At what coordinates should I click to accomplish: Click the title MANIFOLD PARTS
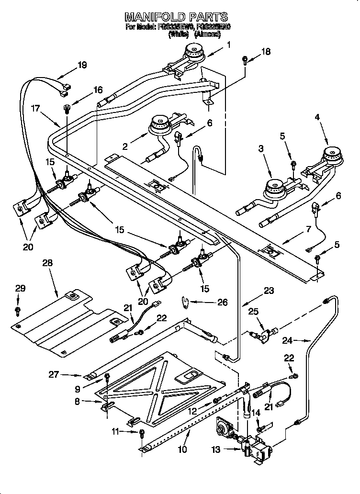[176, 18]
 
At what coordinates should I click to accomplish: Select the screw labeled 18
[245, 60]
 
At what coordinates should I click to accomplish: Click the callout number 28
[47, 263]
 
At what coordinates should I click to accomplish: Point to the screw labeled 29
[18, 311]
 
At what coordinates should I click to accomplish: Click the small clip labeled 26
[187, 302]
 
